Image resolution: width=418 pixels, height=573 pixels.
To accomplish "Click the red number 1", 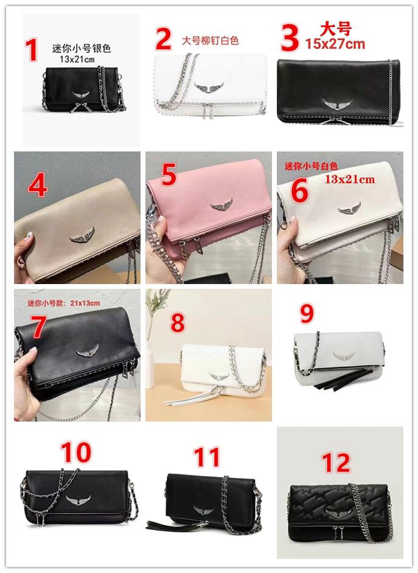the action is coord(32,50).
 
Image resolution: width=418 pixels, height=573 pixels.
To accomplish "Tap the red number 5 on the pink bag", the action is coord(169,175).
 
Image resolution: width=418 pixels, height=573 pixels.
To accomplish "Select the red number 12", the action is coord(336,463).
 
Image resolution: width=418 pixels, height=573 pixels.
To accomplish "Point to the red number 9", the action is coord(307,314).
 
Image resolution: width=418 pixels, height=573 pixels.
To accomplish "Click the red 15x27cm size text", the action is coord(335,44).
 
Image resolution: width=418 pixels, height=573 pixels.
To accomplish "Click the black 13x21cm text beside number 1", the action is coord(77,59).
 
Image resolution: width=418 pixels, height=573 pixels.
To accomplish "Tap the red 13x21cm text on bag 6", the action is coord(350,179).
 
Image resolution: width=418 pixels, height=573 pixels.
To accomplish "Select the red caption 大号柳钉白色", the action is coord(211,40).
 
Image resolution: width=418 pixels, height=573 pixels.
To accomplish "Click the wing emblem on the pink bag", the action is coord(221,205).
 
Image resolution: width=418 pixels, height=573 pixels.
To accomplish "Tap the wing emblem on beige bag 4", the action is coord(83,235).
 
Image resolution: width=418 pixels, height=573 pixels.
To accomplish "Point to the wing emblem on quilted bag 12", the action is coord(336,512).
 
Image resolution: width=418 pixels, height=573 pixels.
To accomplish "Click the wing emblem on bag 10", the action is coord(78,500).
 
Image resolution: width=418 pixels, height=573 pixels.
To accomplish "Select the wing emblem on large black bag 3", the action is coord(338,104).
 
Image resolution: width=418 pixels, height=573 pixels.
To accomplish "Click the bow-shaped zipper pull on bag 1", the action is coord(79,108).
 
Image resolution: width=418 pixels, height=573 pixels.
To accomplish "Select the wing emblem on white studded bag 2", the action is coord(209,88).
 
